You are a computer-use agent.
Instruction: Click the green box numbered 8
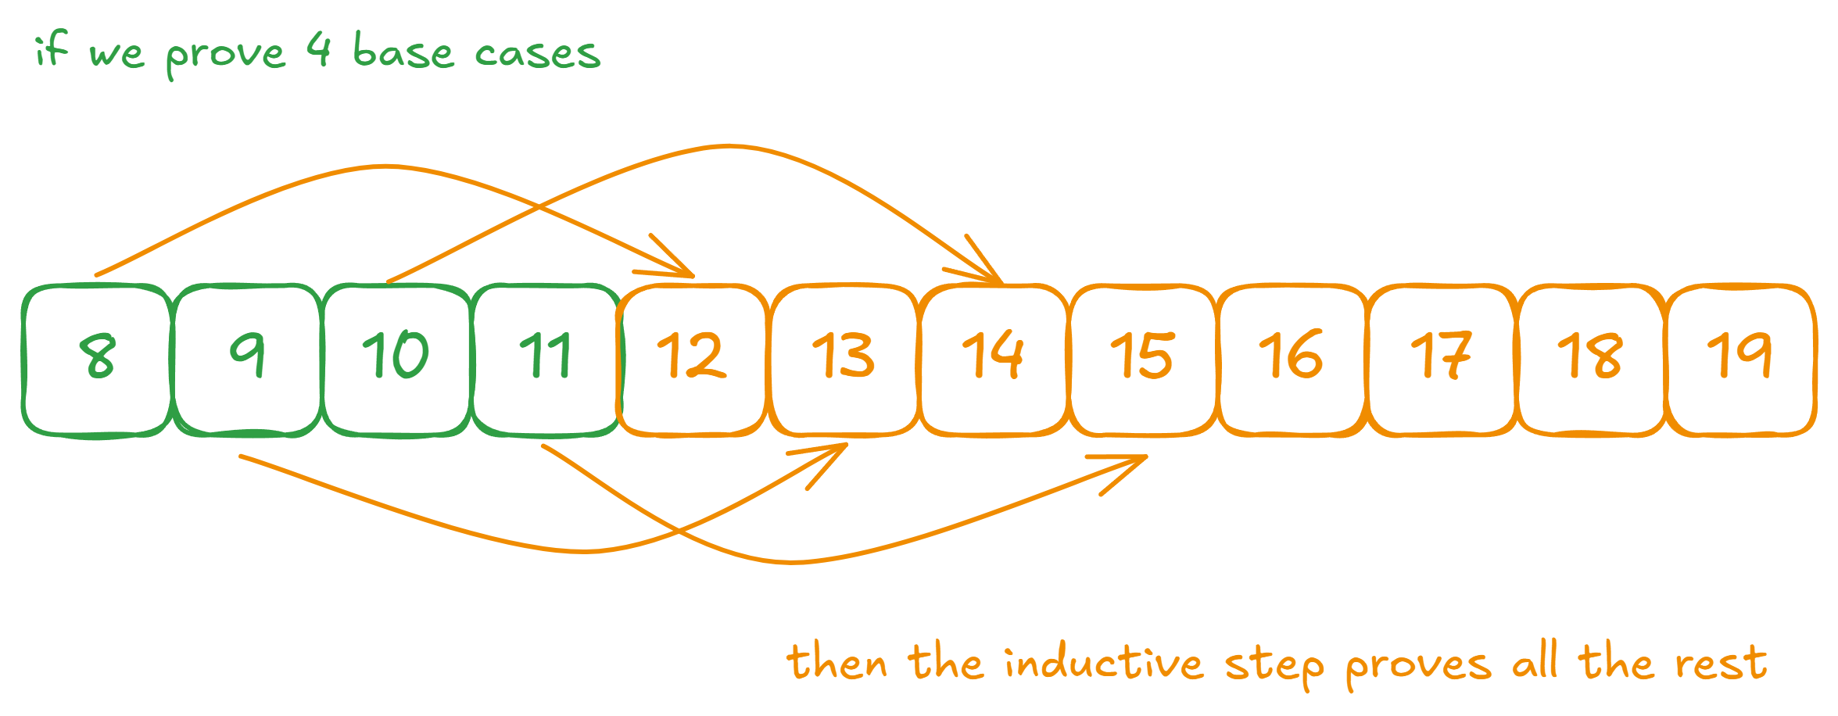(x=97, y=360)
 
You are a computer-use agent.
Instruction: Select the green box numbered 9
(x=248, y=360)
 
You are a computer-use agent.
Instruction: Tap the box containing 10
(x=397, y=360)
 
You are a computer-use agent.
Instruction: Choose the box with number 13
(x=844, y=360)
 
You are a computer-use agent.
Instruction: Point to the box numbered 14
(x=994, y=360)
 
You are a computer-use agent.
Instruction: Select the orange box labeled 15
(x=1143, y=360)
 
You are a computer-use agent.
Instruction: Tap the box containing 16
(x=1292, y=360)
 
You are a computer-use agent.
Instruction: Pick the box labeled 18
(x=1591, y=360)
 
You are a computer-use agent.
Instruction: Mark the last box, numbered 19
(x=1741, y=360)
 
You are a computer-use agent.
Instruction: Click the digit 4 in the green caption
(x=319, y=50)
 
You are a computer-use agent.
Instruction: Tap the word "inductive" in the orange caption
(x=1103, y=664)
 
